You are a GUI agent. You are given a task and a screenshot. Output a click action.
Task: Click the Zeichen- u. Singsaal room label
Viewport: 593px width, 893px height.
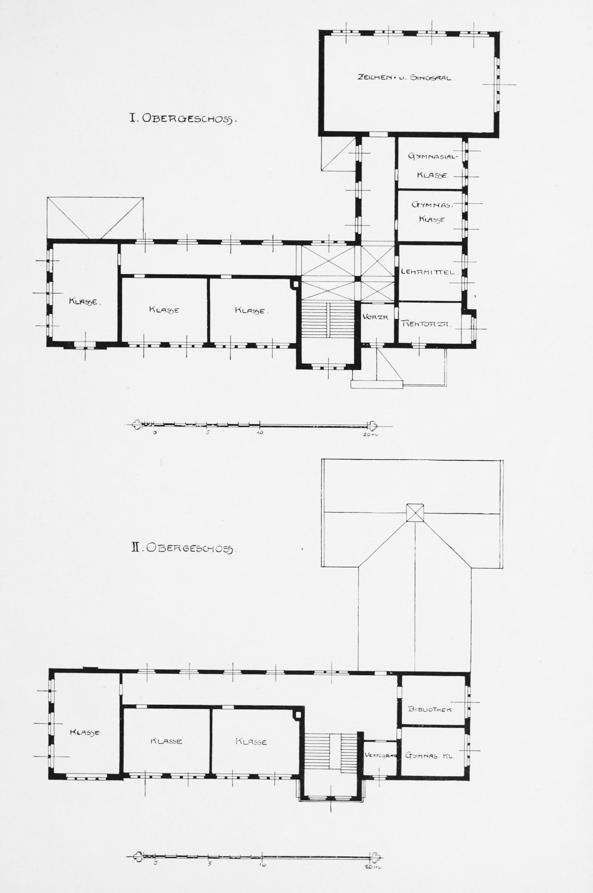[x=404, y=78]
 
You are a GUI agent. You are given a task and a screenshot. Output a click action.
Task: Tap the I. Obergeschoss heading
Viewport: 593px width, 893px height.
[x=183, y=119]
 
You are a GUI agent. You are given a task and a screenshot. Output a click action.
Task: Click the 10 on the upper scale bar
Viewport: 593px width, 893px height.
[x=260, y=433]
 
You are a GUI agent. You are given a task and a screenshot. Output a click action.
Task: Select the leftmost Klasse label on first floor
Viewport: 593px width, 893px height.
[x=84, y=302]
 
